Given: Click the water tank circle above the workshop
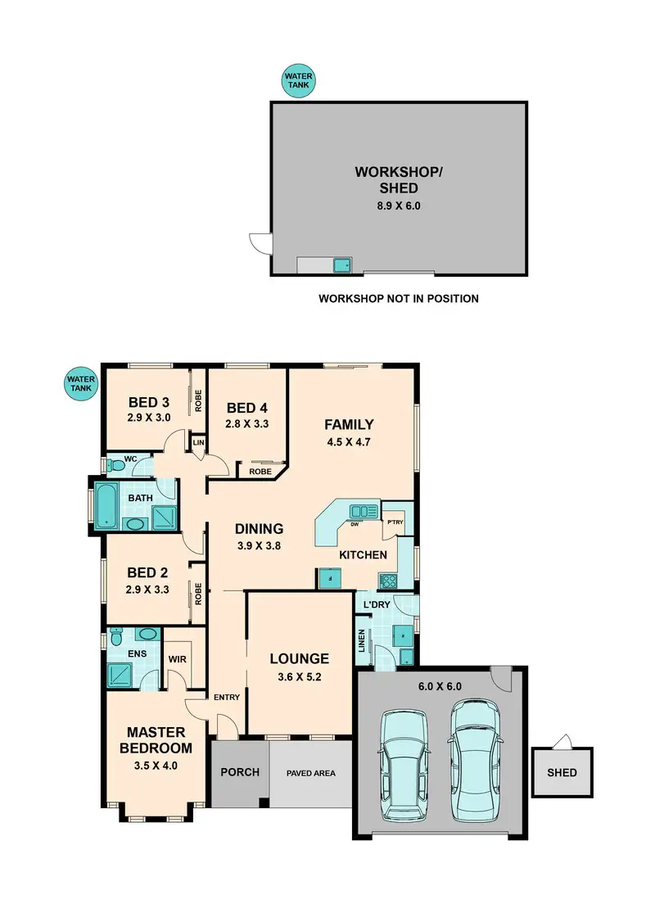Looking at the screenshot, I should [299, 81].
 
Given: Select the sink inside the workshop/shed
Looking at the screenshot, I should [341, 264].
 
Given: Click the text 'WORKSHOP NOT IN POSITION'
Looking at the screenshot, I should [398, 299].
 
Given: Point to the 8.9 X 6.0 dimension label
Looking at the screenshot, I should [398, 206].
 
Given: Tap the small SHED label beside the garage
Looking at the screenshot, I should [562, 772].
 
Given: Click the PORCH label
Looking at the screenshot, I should [241, 772].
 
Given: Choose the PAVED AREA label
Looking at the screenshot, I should [310, 773].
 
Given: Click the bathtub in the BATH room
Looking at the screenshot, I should [106, 506].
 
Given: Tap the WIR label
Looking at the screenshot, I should [178, 658].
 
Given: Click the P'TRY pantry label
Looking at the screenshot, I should [395, 522].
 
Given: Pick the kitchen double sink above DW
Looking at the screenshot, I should [361, 512].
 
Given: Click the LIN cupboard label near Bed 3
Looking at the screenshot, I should [198, 443].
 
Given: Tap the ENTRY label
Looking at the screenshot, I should [227, 697].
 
